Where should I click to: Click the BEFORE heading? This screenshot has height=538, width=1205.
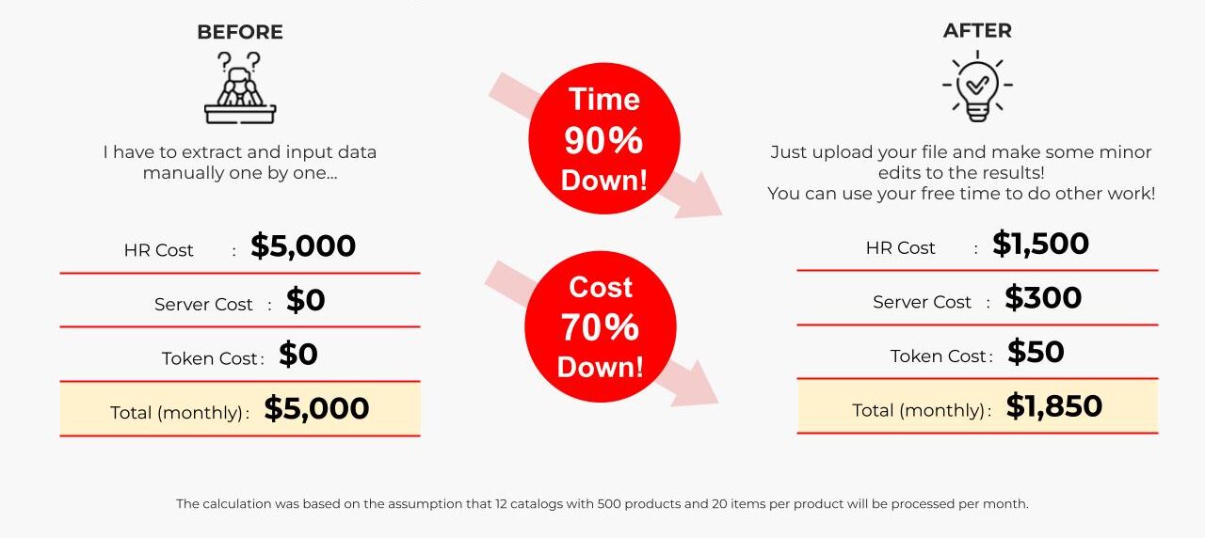point(240,32)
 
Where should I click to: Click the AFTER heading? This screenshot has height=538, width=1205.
point(977,31)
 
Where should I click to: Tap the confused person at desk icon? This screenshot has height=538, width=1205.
point(240,87)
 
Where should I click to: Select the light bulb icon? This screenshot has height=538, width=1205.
point(977,86)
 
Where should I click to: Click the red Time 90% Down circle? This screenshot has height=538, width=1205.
point(604,138)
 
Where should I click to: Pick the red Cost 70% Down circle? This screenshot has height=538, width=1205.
point(601,326)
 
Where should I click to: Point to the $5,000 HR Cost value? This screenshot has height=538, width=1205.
point(303,246)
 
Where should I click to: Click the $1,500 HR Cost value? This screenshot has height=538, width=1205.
point(1040,244)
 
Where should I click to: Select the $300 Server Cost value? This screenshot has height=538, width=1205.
point(1043,298)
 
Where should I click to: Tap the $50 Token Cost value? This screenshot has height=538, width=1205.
point(1036,352)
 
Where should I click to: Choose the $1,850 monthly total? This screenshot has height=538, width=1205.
point(1053,406)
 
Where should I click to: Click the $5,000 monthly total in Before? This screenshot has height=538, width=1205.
point(316,408)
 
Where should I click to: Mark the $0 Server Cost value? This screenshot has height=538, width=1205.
point(306,300)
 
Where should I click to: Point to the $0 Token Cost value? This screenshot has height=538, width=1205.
point(298,355)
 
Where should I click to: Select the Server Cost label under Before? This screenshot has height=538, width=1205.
point(203,305)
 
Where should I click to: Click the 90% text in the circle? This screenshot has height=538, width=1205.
point(603,141)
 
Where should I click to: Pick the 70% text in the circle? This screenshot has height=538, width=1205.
point(600,327)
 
